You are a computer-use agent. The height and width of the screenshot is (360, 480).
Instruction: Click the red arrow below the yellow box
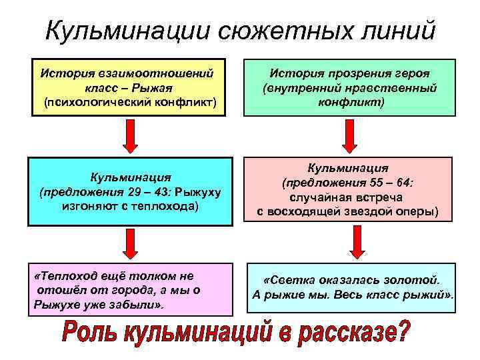131,135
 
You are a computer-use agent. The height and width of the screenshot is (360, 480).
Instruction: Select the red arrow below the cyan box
131,242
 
